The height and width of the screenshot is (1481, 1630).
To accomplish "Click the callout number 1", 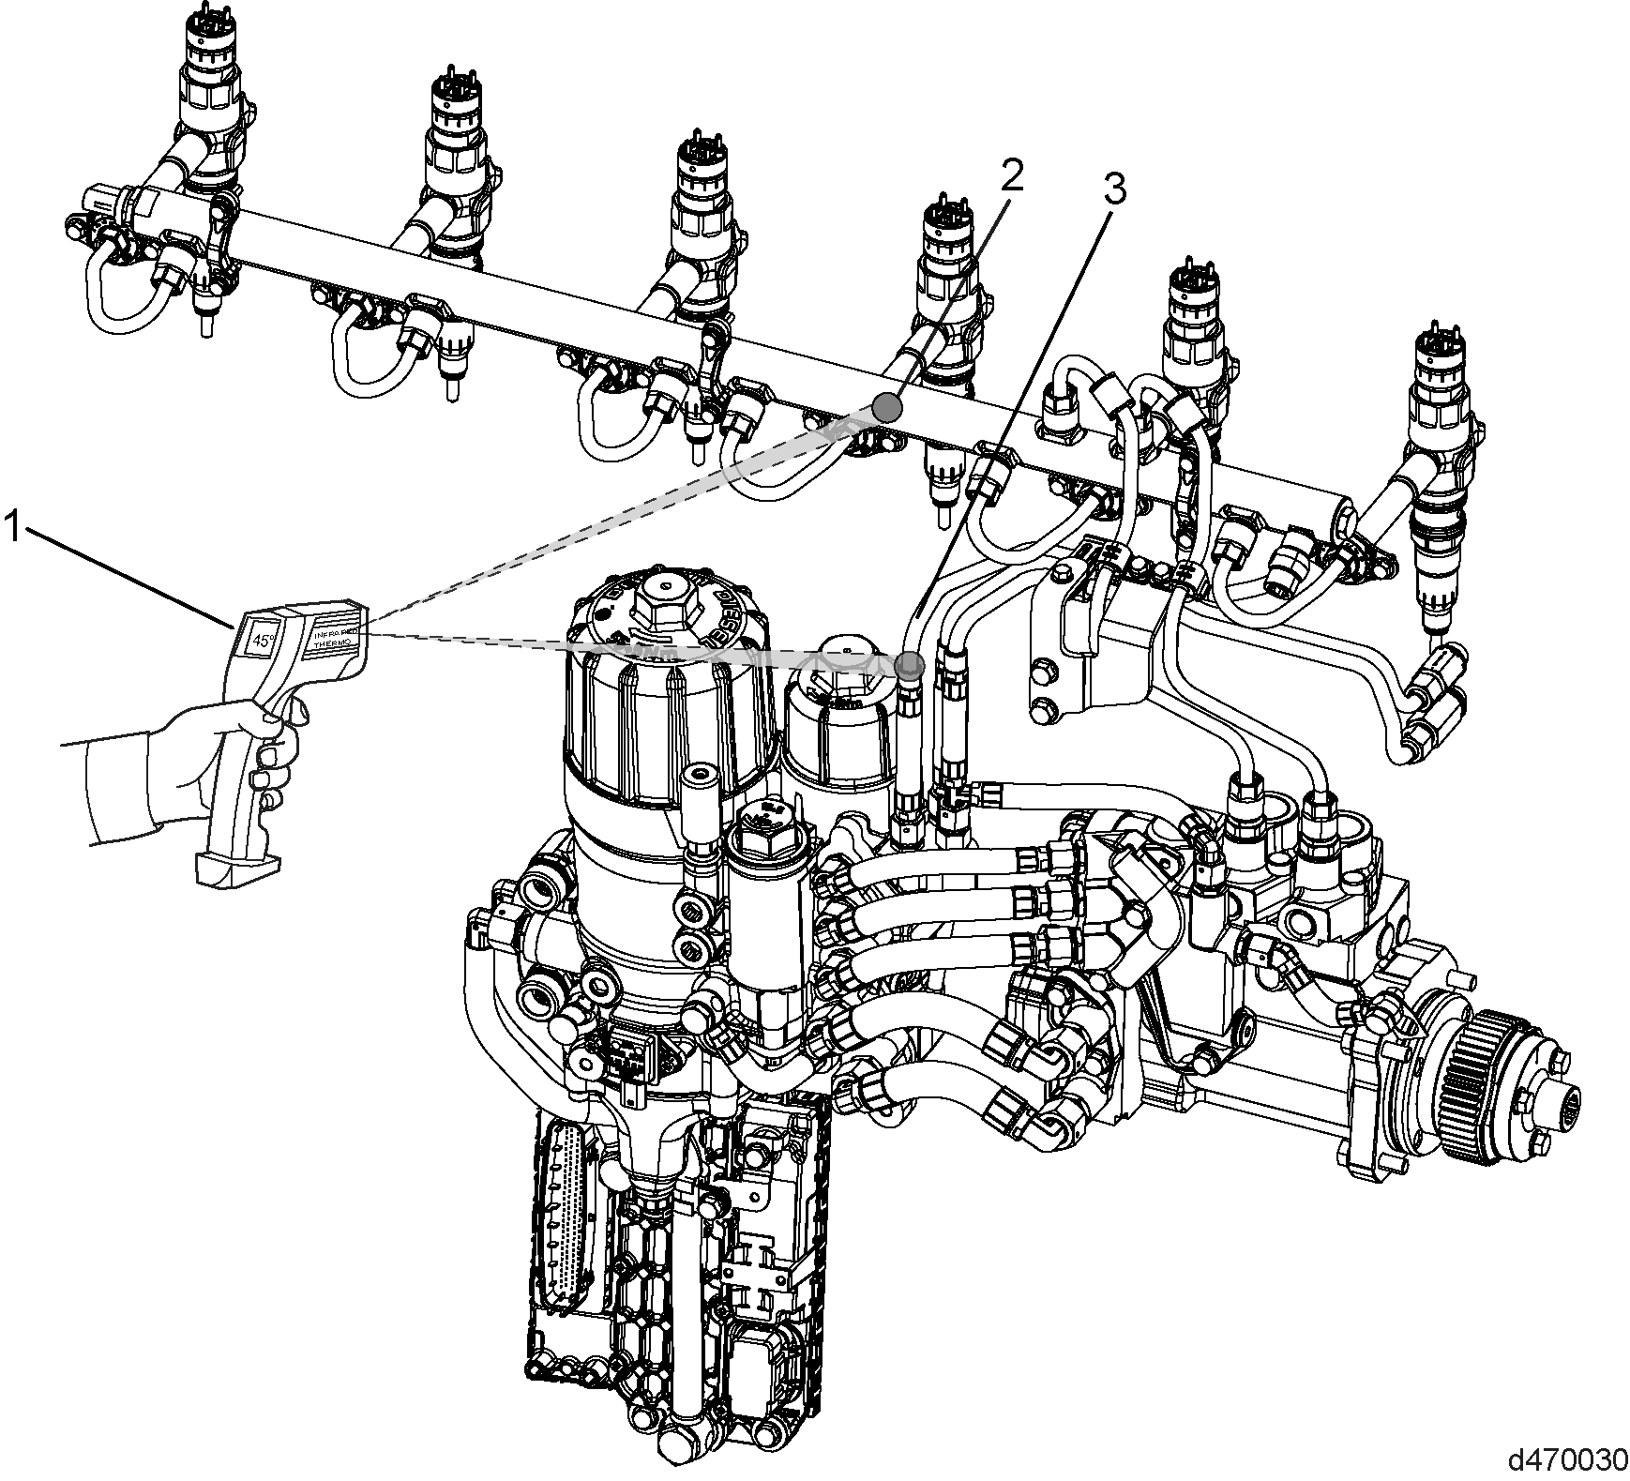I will pyautogui.click(x=12, y=525).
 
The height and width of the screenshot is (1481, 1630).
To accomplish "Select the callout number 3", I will pyautogui.click(x=1112, y=190).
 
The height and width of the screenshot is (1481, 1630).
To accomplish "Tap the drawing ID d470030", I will pyautogui.click(x=1564, y=1459).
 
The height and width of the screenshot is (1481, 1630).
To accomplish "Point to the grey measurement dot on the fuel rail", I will pyautogui.click(x=886, y=406).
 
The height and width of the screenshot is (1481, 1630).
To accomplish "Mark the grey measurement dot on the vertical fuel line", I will pyautogui.click(x=909, y=665).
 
